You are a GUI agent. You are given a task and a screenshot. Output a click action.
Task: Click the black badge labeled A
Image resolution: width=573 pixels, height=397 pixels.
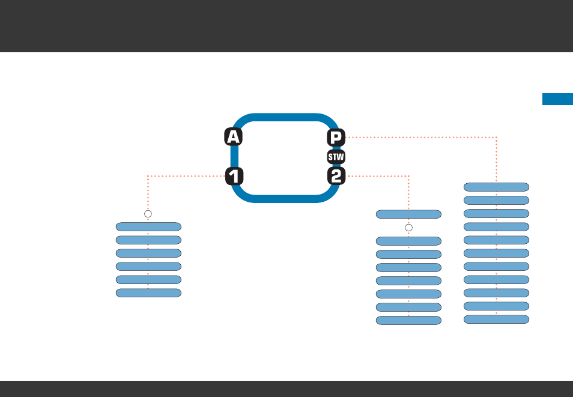tap(233, 138)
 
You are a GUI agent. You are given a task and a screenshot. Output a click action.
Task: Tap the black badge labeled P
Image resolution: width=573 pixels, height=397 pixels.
tap(336, 138)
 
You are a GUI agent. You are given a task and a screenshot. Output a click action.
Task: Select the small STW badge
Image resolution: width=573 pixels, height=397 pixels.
tap(336, 157)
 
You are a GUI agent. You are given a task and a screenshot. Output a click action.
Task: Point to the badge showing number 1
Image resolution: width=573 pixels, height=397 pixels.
tap(234, 177)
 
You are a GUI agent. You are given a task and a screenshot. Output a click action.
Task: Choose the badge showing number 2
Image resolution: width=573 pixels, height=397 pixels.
tap(336, 177)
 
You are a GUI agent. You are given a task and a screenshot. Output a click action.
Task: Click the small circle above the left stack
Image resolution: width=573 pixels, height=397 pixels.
tap(148, 214)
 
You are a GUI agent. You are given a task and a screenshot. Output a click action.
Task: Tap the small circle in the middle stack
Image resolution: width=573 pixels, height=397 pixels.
tap(408, 228)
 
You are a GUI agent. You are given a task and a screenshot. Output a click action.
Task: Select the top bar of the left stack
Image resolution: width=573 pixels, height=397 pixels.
tap(148, 226)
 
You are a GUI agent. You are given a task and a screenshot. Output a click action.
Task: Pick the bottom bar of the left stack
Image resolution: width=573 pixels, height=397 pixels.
tap(148, 292)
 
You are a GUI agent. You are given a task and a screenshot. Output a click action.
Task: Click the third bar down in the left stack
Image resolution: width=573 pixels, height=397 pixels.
tap(148, 253)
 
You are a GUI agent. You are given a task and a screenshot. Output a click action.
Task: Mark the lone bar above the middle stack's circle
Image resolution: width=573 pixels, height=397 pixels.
tap(408, 214)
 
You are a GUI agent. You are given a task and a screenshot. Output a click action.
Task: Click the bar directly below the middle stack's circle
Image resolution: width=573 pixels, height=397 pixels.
tap(408, 241)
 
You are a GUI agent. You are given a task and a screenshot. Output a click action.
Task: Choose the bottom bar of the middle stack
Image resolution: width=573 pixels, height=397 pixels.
tap(408, 320)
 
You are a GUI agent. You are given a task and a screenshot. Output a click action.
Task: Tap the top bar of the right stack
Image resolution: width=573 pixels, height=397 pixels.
tap(496, 187)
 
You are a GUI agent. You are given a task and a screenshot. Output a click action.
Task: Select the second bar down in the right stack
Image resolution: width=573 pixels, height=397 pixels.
tap(496, 200)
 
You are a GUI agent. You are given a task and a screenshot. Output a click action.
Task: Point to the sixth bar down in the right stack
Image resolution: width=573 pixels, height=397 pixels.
tap(496, 253)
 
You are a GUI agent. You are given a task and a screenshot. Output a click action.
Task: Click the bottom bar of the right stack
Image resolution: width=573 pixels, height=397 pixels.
tap(496, 319)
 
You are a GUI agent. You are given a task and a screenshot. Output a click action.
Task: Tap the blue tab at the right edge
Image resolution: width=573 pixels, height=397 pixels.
tap(557, 99)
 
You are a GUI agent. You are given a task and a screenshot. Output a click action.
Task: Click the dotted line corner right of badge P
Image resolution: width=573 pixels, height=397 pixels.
tap(496, 138)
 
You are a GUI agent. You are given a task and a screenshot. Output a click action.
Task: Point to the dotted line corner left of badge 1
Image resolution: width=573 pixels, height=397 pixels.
tap(148, 176)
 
